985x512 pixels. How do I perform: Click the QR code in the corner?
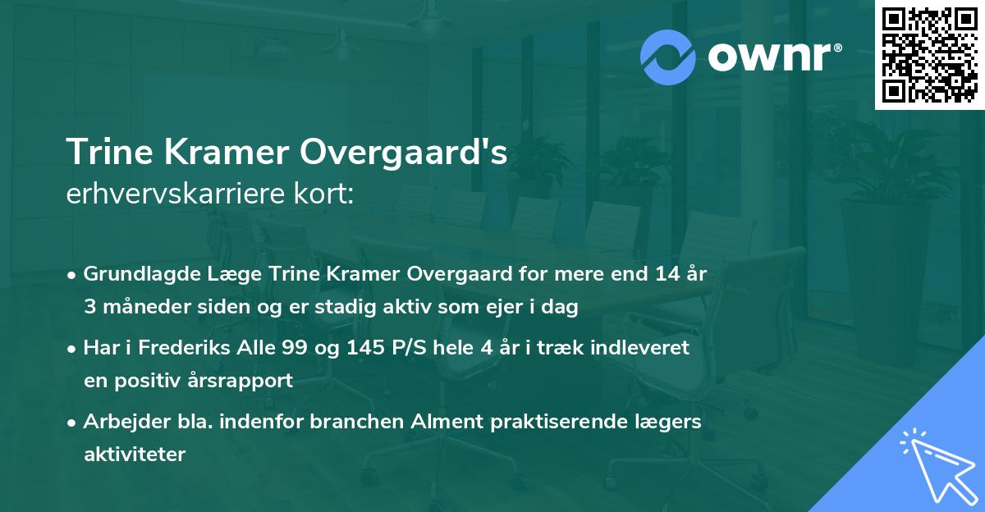[x=928, y=55]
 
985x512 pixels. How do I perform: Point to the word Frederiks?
[x=179, y=348]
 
